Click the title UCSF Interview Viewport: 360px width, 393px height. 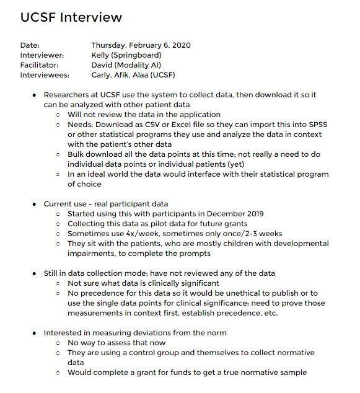pos(71,17)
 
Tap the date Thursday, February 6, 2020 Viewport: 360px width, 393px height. pos(141,45)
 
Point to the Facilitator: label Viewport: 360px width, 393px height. pos(40,65)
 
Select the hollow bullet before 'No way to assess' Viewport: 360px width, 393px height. pos(58,343)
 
